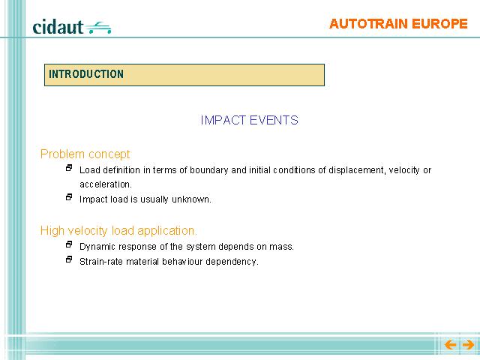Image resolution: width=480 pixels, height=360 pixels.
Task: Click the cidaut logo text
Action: (x=58, y=27)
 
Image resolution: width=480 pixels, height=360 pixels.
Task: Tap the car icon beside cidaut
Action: (x=98, y=28)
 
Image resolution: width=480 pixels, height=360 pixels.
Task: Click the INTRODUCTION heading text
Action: (x=86, y=74)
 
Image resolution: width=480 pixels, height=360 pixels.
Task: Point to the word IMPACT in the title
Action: (x=223, y=120)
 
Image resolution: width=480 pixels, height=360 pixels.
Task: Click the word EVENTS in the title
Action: (x=274, y=120)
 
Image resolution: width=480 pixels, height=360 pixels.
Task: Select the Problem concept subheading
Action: (x=85, y=154)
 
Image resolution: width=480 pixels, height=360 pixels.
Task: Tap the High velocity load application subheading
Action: (x=118, y=230)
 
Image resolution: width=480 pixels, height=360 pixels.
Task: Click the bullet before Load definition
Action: (x=69, y=168)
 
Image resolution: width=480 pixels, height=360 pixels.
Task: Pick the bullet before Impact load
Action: (x=69, y=197)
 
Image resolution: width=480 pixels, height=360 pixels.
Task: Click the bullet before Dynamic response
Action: (x=69, y=244)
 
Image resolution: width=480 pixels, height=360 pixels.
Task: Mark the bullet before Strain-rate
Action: (x=69, y=259)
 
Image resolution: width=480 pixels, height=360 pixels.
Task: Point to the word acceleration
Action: (x=106, y=184)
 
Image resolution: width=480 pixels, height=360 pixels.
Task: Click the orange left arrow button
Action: (x=450, y=345)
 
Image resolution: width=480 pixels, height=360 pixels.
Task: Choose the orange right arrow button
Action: (x=468, y=345)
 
